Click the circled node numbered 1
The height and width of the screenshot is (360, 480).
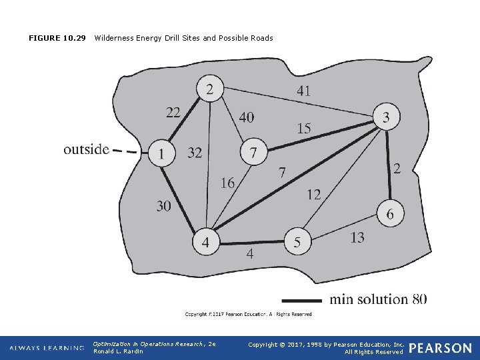(x=161, y=153)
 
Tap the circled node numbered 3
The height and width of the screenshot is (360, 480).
(x=387, y=118)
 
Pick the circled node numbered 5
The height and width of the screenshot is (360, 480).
(x=297, y=243)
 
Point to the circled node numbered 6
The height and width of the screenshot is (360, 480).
(x=390, y=215)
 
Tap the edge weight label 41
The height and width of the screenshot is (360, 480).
(x=303, y=91)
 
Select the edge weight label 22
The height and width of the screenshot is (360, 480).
(x=173, y=113)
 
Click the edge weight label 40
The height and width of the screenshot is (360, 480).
(x=246, y=117)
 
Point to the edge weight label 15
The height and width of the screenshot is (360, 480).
(x=303, y=128)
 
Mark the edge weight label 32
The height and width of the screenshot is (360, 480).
(x=195, y=153)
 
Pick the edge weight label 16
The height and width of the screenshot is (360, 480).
(x=227, y=183)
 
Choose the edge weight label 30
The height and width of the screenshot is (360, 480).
(x=163, y=206)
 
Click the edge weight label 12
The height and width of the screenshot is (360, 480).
(x=313, y=195)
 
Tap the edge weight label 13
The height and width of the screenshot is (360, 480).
(x=357, y=237)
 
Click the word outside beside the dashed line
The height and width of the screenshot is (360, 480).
(x=86, y=149)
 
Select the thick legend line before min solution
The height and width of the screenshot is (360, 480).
(x=302, y=299)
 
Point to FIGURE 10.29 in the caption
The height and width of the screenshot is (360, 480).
(x=57, y=38)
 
